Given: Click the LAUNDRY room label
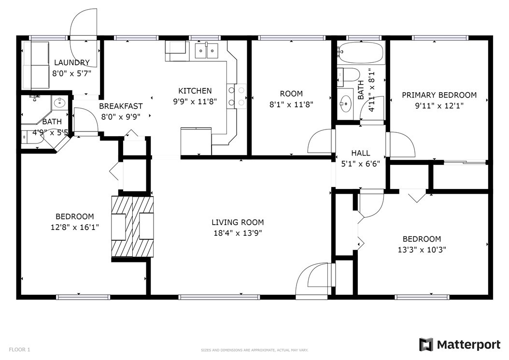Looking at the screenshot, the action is (72, 62).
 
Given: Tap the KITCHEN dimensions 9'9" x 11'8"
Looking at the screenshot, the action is (195, 101).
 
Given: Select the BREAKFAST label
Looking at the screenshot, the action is (121, 106).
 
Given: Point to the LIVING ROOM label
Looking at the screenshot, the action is (238, 222).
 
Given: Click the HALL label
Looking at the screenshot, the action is (360, 153).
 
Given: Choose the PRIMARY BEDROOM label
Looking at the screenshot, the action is (439, 95).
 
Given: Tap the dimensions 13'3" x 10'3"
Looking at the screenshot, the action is (422, 250).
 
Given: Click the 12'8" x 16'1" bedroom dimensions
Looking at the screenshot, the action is (75, 227).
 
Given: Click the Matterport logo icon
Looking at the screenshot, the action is (426, 345).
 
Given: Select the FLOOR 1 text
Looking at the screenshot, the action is (19, 349).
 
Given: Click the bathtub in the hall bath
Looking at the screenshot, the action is (361, 52).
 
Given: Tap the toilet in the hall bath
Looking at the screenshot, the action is (348, 75).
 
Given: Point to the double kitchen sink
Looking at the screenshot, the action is (207, 51).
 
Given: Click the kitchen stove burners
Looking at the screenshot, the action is (237, 96).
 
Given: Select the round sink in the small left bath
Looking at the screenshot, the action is (60, 102).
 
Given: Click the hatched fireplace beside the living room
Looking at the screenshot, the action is (132, 227).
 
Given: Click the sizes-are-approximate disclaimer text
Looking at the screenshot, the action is (254, 350).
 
